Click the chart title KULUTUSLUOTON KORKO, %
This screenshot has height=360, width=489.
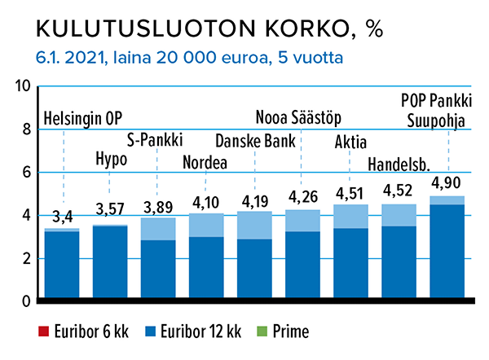209,29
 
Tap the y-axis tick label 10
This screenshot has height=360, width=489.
22,87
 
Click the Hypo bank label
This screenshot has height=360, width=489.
111,158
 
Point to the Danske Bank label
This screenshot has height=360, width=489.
255,139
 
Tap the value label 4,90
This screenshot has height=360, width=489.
447,183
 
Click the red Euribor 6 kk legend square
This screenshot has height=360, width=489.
42,331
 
